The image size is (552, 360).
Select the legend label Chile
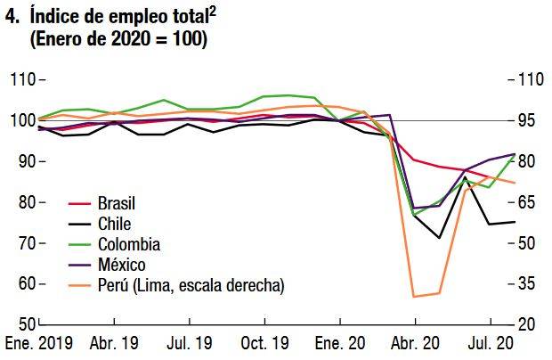113,224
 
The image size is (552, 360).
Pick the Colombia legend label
129,244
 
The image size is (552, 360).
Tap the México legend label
122,265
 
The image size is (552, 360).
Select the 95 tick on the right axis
528,120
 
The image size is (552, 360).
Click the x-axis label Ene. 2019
39,343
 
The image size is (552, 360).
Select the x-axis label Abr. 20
415,343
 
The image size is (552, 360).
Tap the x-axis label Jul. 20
488,343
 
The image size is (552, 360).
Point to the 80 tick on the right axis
528,161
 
